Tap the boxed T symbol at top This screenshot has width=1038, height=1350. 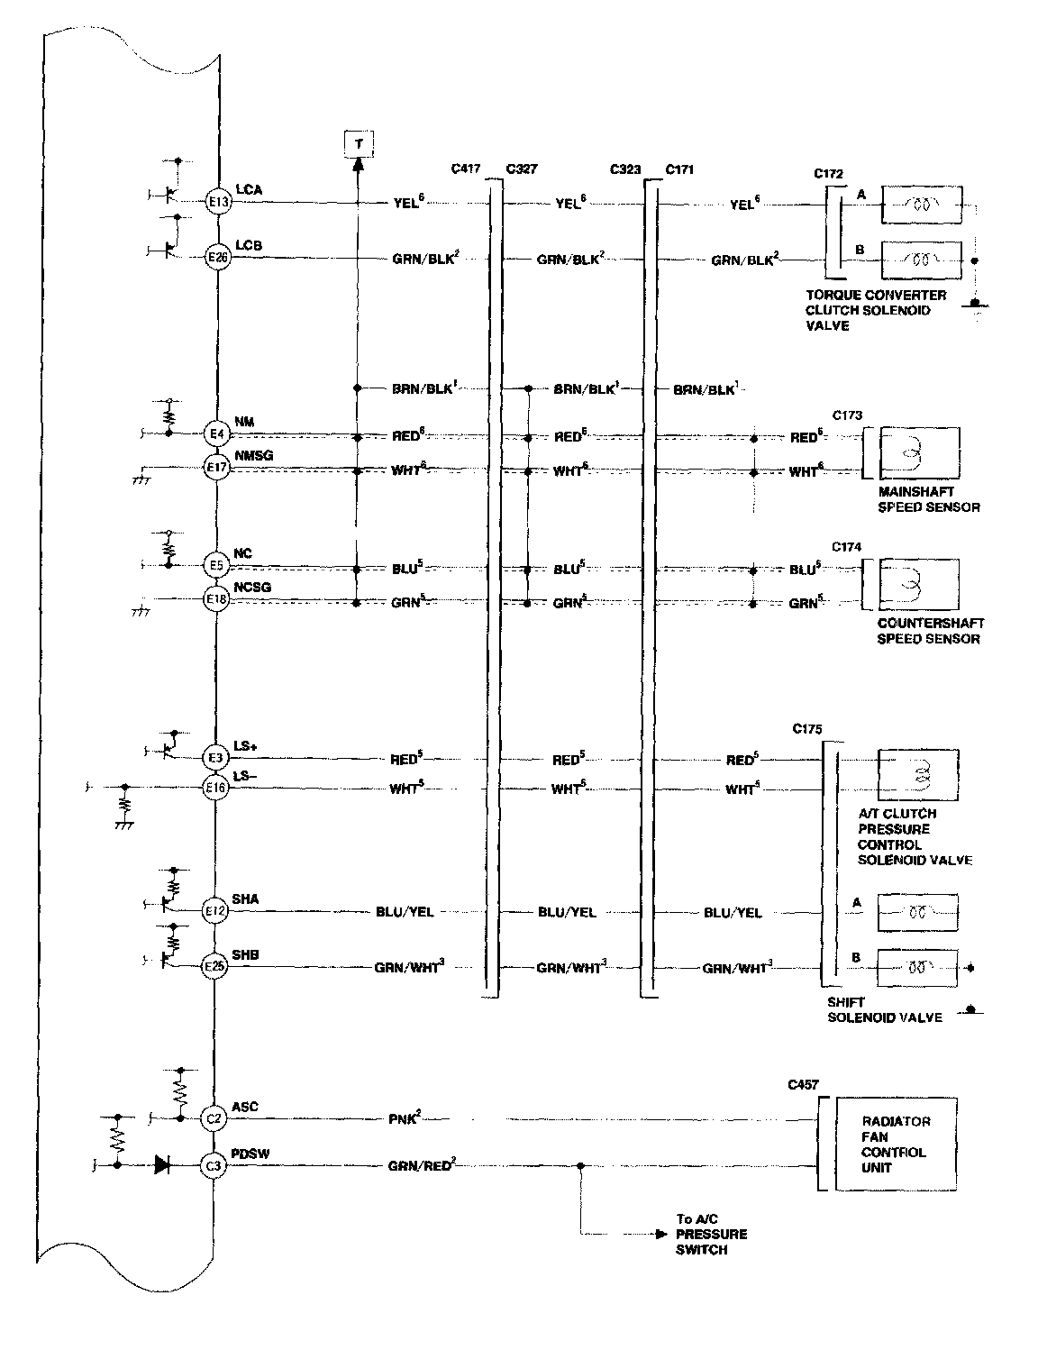(359, 143)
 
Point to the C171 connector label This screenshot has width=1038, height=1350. (679, 169)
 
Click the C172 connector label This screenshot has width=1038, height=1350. (828, 171)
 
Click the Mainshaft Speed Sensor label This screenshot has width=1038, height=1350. (928, 499)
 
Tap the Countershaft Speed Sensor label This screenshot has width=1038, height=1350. (930, 631)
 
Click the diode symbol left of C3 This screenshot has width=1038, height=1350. (163, 1165)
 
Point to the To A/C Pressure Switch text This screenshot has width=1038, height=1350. (712, 1234)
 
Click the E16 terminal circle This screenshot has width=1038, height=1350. (216, 789)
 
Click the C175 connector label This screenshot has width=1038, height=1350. (807, 728)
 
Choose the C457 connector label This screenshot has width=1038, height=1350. (803, 1085)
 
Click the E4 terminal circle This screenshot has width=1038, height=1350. (216, 434)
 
